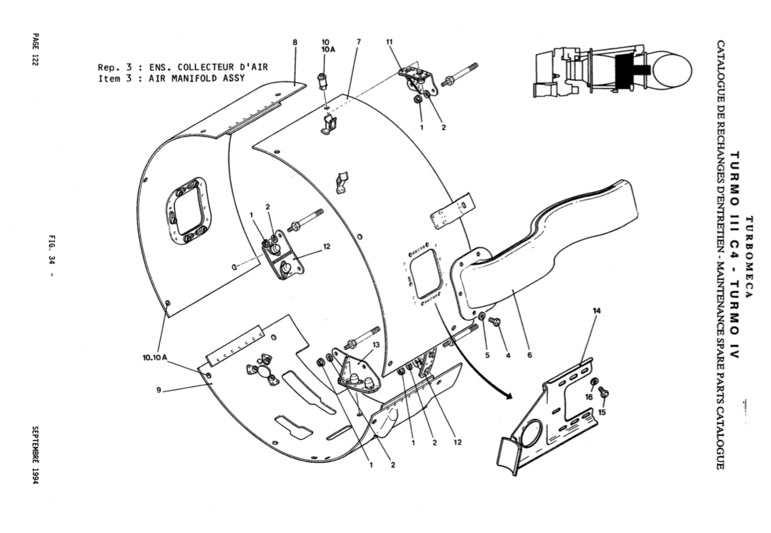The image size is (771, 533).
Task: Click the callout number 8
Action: click(x=295, y=42)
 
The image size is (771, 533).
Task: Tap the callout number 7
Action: click(x=359, y=42)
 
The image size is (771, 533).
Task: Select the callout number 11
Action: click(x=390, y=42)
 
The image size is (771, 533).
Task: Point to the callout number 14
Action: click(x=596, y=311)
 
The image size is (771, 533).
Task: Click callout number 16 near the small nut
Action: click(x=589, y=397)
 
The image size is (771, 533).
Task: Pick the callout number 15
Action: click(x=602, y=412)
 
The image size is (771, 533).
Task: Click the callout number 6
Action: click(x=530, y=355)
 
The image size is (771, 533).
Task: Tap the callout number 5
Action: click(x=488, y=355)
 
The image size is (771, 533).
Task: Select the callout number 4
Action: click(x=508, y=355)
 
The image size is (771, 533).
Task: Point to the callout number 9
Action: click(x=159, y=390)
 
